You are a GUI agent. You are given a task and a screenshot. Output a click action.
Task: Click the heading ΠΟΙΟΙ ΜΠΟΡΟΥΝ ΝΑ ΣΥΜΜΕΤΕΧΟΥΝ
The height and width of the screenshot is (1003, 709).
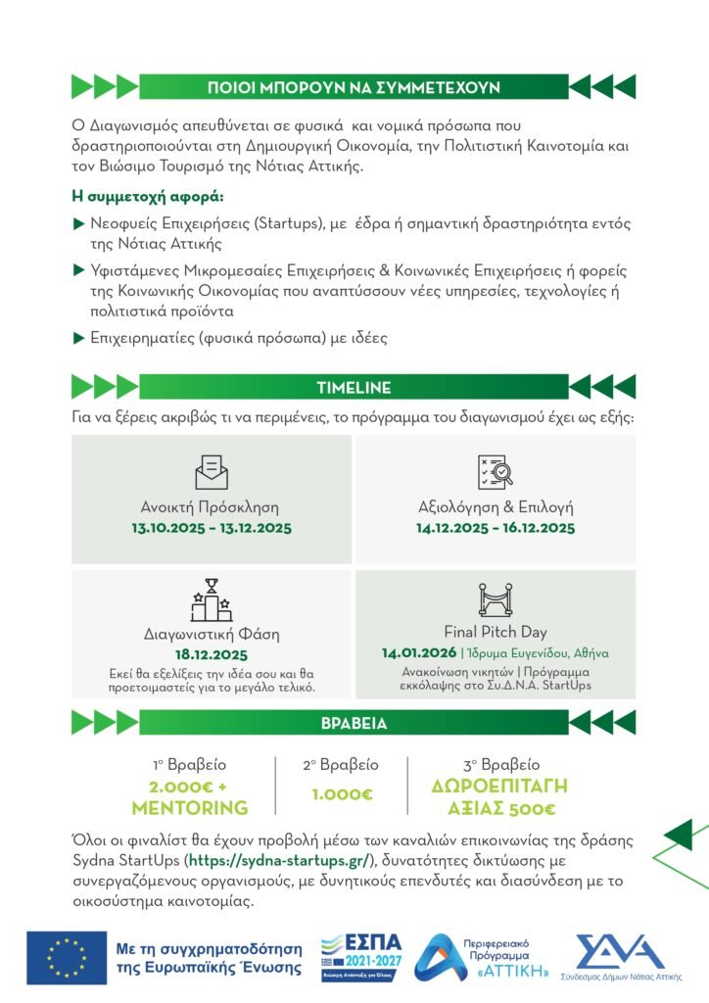[x=354, y=87]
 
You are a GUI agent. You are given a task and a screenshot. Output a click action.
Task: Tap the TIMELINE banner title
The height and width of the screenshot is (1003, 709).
[x=354, y=387]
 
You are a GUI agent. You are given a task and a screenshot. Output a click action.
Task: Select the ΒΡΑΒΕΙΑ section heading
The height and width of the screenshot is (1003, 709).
[x=354, y=724]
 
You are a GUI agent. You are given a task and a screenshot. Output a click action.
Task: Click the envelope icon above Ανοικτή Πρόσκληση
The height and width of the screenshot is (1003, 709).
[x=212, y=472]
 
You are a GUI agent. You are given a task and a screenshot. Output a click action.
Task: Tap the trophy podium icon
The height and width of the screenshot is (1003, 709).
[x=212, y=600]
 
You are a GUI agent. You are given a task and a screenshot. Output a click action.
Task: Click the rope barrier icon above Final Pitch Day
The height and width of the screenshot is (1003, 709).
[x=495, y=599]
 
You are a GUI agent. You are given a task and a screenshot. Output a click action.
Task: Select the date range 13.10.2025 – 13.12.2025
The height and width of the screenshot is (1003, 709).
[x=212, y=528]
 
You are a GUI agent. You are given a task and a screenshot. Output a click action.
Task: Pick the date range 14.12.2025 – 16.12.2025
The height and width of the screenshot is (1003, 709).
[x=495, y=528]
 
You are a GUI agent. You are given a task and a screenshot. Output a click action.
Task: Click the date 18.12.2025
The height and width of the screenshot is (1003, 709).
[x=212, y=654]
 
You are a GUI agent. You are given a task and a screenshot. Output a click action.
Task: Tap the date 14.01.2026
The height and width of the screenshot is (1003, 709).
[x=418, y=653]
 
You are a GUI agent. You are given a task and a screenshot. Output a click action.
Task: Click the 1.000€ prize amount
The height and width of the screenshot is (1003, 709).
[x=342, y=794]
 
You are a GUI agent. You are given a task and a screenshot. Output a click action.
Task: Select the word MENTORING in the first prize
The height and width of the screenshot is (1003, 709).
[x=190, y=809]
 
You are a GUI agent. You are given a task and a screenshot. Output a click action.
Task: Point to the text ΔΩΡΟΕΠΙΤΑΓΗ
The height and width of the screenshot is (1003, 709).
[x=499, y=788]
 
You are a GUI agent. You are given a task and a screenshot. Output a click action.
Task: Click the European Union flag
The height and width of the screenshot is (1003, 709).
[x=67, y=957]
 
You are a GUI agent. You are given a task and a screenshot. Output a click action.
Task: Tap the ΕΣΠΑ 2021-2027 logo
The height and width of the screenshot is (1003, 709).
[x=361, y=957]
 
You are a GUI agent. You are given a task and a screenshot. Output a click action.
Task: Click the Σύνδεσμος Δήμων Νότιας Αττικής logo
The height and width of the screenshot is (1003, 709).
[x=618, y=957]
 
